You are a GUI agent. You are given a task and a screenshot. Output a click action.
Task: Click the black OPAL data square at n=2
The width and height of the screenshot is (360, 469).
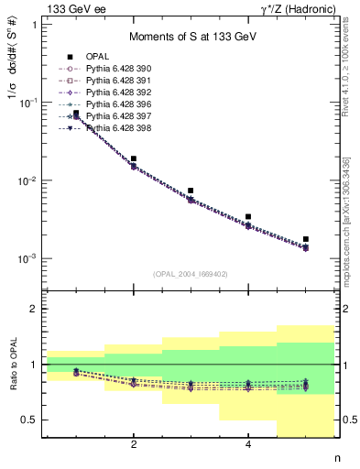[x=134, y=158]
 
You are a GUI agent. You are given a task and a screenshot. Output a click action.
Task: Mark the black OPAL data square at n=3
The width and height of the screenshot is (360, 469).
[x=191, y=191]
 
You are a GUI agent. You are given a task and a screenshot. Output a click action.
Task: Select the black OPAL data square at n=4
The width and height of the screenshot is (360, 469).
[x=248, y=217]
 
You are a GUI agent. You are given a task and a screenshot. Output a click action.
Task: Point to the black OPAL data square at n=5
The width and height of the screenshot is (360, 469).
[x=306, y=239]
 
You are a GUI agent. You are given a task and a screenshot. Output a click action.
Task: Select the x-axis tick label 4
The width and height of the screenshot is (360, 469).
[x=248, y=445]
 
